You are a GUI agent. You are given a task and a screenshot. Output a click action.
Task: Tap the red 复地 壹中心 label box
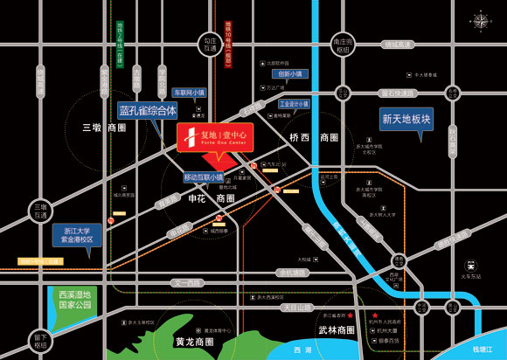point(215,137)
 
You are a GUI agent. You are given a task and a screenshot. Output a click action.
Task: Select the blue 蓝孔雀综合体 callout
point(148,111)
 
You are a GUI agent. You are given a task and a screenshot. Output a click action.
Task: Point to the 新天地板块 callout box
point(406,118)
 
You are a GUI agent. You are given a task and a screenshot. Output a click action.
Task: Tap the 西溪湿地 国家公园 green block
point(75,301)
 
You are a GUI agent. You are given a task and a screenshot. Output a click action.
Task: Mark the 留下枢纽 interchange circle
point(40,341)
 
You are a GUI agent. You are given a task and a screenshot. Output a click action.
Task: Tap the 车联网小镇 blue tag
point(188,92)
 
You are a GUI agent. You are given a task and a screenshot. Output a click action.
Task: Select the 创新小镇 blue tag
point(289,74)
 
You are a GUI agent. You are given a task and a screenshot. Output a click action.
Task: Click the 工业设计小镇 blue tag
point(295,104)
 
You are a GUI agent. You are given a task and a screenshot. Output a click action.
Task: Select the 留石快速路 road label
point(397,93)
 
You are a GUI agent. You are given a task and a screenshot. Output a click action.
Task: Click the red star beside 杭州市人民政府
point(375,315)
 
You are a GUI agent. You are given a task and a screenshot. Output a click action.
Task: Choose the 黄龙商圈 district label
point(194,341)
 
